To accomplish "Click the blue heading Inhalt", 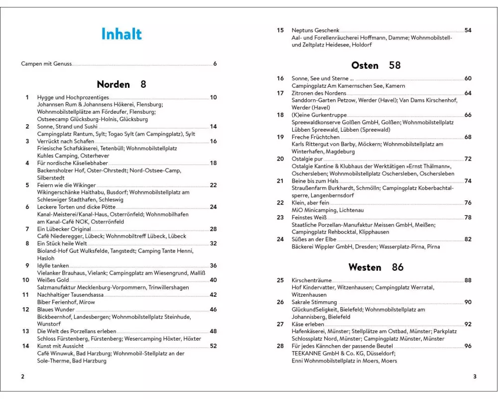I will click(x=122, y=34).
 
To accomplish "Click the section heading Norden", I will click(x=113, y=84).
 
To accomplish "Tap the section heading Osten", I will click(x=365, y=65).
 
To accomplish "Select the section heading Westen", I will click(x=365, y=267).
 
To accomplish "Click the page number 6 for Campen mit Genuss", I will click(x=215, y=64).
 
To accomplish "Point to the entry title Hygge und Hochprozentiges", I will click(x=73, y=97).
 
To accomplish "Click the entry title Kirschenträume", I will click(x=311, y=281).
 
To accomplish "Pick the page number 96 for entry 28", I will click(x=468, y=346).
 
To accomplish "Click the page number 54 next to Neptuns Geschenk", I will click(x=468, y=30).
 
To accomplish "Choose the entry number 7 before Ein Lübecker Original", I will click(x=27, y=229).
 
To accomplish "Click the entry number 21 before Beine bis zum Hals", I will click(x=280, y=181).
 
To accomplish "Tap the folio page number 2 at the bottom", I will click(x=22, y=377).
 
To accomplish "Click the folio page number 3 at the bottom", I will click(x=475, y=377).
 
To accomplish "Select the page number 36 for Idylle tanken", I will click(x=213, y=266).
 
